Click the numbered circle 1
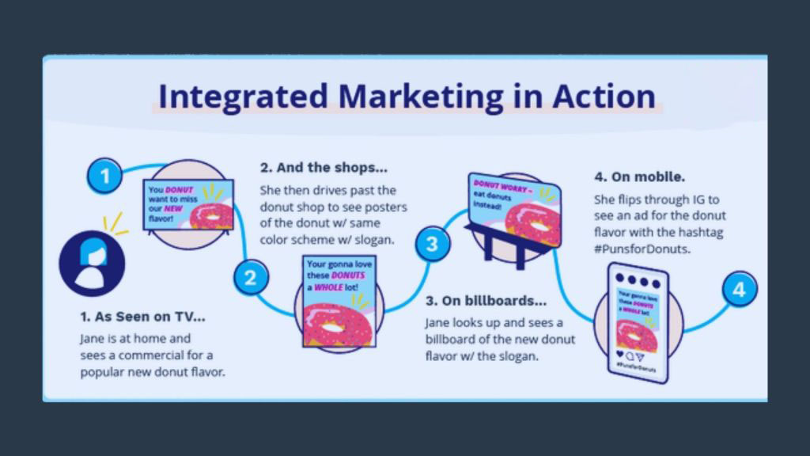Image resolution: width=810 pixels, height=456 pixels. [104, 175]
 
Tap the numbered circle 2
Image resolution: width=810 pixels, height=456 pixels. [251, 278]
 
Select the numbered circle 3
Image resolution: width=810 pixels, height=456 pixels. [432, 243]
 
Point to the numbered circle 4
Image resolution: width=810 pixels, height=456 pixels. [739, 290]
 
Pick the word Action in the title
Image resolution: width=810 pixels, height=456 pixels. [604, 97]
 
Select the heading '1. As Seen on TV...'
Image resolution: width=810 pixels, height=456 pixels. [142, 317]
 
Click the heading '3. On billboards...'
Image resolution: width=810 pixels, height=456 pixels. [486, 301]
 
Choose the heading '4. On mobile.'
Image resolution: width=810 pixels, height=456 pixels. [640, 176]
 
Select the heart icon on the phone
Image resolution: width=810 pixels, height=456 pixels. [619, 355]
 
